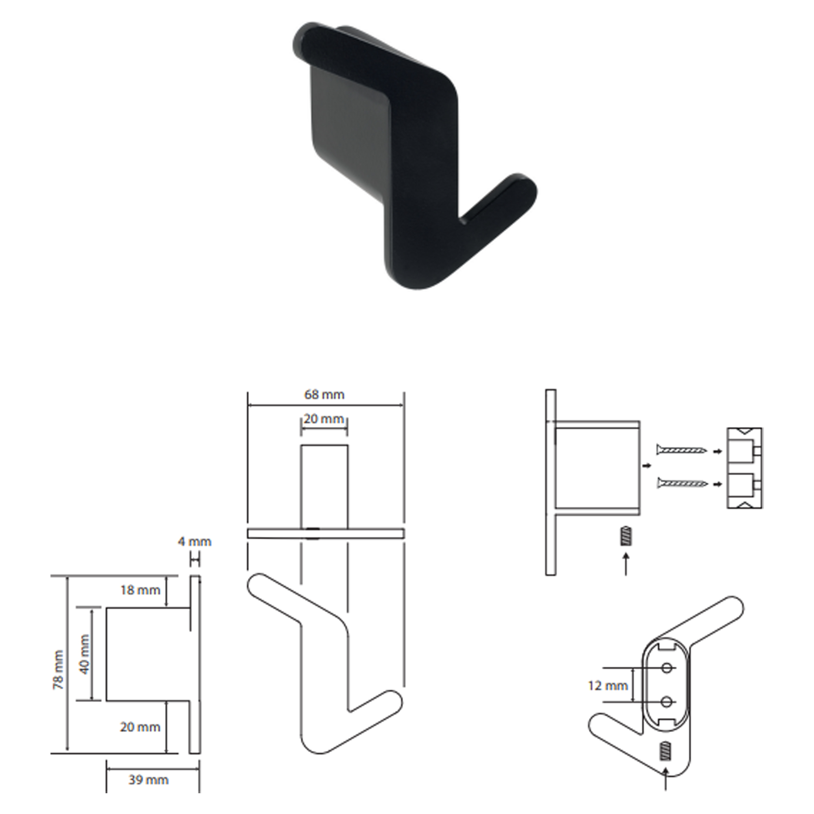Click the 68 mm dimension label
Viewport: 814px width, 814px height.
pos(324,395)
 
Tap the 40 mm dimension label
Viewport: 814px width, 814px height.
pos(84,654)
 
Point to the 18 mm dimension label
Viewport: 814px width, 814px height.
pos(140,590)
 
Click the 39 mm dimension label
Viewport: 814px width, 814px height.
pos(148,779)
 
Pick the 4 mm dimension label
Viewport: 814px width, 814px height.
pos(195,541)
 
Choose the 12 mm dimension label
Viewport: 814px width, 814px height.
pos(608,685)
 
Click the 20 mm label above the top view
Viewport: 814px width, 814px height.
pos(324,419)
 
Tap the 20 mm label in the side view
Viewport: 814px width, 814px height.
pos(140,727)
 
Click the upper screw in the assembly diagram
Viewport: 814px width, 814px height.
pos(682,451)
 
